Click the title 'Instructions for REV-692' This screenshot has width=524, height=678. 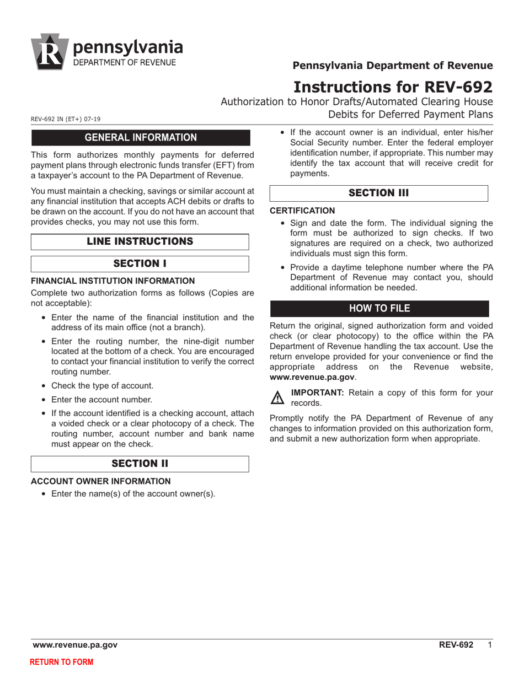click(x=393, y=87)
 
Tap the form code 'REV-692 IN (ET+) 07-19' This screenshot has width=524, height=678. click(x=66, y=119)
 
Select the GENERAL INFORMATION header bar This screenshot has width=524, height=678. click(x=141, y=137)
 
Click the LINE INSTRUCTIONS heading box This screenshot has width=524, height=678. click(x=140, y=241)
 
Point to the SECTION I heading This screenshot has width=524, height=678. click(x=140, y=263)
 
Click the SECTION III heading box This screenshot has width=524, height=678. click(x=379, y=193)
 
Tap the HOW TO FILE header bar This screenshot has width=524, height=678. click(x=379, y=308)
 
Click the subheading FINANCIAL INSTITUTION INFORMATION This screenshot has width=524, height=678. click(x=113, y=281)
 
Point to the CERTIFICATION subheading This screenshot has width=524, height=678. click(x=302, y=211)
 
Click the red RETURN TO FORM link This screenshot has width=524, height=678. click(x=61, y=662)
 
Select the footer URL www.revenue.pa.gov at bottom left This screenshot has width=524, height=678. click(x=75, y=645)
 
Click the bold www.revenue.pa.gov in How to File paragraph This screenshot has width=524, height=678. click(x=312, y=378)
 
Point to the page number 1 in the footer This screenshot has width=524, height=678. click(x=490, y=645)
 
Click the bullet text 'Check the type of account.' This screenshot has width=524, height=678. click(x=102, y=385)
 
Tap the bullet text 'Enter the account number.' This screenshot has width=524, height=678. click(x=101, y=400)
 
